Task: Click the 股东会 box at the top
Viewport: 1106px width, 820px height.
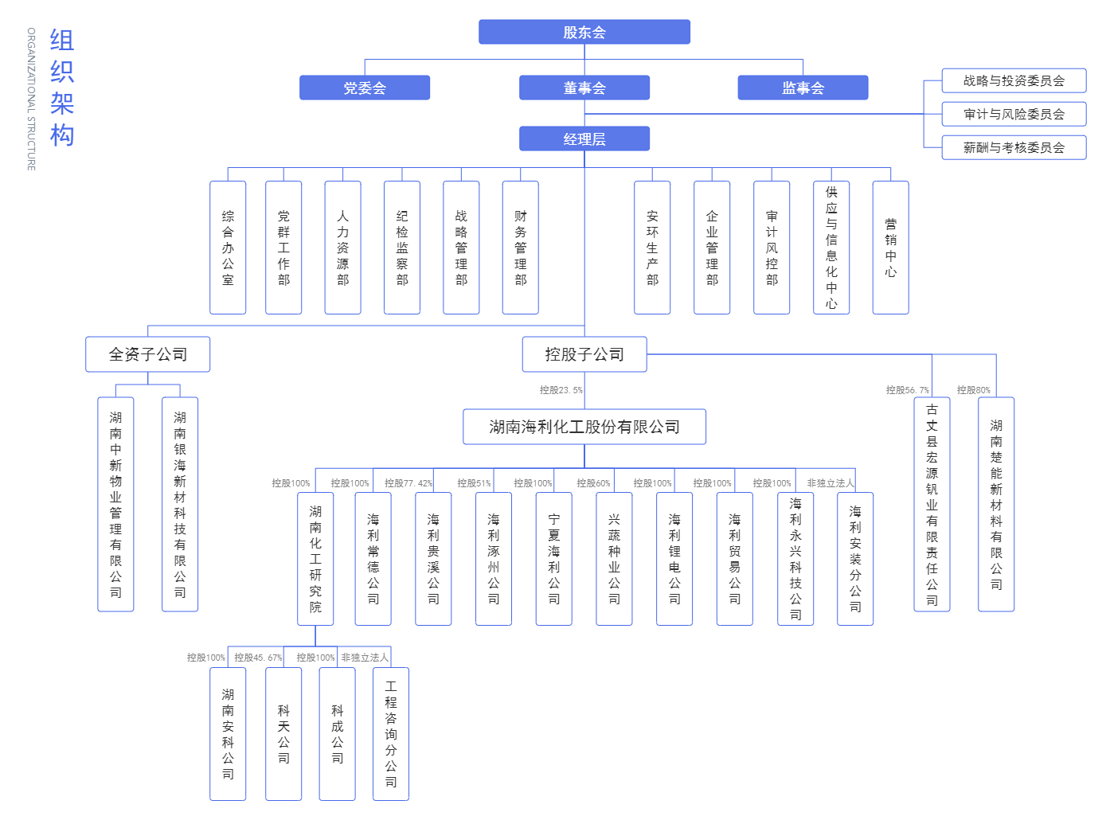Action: point(584,33)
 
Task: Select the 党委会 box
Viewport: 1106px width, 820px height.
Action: point(364,88)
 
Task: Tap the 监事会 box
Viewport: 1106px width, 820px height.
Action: point(803,88)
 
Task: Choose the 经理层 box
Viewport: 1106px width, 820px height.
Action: point(584,139)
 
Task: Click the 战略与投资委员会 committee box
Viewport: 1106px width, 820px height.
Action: point(1014,80)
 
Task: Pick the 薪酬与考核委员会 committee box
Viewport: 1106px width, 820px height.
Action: point(1014,147)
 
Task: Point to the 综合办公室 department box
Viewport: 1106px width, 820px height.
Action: point(228,248)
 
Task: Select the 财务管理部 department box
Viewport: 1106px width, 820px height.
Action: point(521,248)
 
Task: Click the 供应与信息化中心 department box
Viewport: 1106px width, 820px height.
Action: point(831,248)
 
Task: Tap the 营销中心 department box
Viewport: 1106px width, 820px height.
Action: point(890,248)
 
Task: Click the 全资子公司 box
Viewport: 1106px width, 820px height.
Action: point(148,354)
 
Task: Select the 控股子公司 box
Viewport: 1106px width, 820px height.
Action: point(584,354)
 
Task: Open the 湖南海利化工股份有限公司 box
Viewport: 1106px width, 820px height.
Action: point(584,427)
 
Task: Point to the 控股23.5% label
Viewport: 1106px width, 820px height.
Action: point(561,390)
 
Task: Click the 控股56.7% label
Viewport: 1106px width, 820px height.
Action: point(907,390)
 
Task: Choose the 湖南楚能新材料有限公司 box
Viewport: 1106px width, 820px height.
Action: point(996,504)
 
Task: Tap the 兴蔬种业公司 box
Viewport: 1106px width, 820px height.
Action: point(614,558)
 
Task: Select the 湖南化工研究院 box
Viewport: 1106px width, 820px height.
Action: point(315,558)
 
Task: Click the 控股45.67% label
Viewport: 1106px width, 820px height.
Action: point(258,658)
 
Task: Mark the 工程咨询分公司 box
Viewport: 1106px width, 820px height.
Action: point(391,733)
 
